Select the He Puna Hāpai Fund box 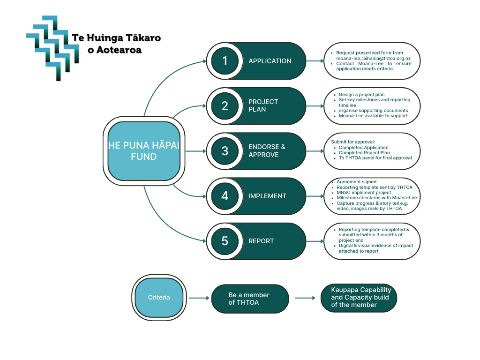pyautogui.click(x=144, y=150)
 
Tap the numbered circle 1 pyautogui.click(x=225, y=61)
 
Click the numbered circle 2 pyautogui.click(x=225, y=106)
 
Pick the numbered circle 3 pyautogui.click(x=225, y=151)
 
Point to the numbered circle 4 pyautogui.click(x=225, y=196)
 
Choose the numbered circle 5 pyautogui.click(x=225, y=241)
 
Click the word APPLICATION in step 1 pyautogui.click(x=270, y=61)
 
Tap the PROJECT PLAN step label pyautogui.click(x=263, y=105)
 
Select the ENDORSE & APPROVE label pyautogui.click(x=267, y=151)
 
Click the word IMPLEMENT pyautogui.click(x=267, y=196)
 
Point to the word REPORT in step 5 pyautogui.click(x=261, y=241)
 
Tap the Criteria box pyautogui.click(x=159, y=298)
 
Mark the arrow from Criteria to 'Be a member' pyautogui.click(x=199, y=298)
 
